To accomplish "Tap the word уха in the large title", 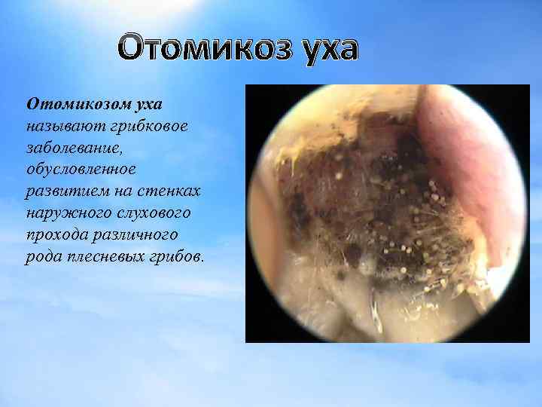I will coord(324,49).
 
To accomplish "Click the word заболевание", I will coord(74,145).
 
